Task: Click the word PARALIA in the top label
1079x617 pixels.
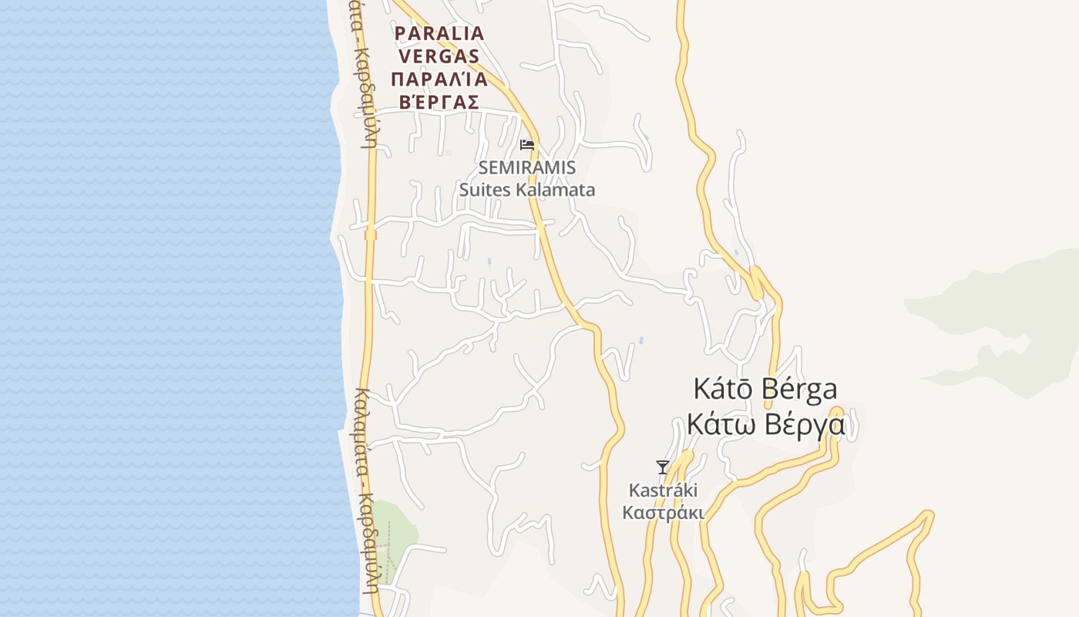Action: (x=439, y=34)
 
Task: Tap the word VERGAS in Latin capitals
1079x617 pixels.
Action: (x=439, y=56)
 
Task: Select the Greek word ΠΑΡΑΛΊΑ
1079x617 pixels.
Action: (x=439, y=79)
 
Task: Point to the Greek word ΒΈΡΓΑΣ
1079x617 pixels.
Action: (x=439, y=102)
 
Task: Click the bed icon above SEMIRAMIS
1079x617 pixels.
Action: (x=527, y=144)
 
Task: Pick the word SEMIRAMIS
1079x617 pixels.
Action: (x=526, y=167)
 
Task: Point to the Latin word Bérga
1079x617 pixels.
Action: (x=801, y=389)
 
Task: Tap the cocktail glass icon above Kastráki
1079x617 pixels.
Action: (x=662, y=467)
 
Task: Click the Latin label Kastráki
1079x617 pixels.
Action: (x=663, y=491)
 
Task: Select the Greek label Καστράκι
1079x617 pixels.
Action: (x=663, y=513)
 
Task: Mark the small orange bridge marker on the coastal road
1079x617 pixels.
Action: (x=371, y=234)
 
